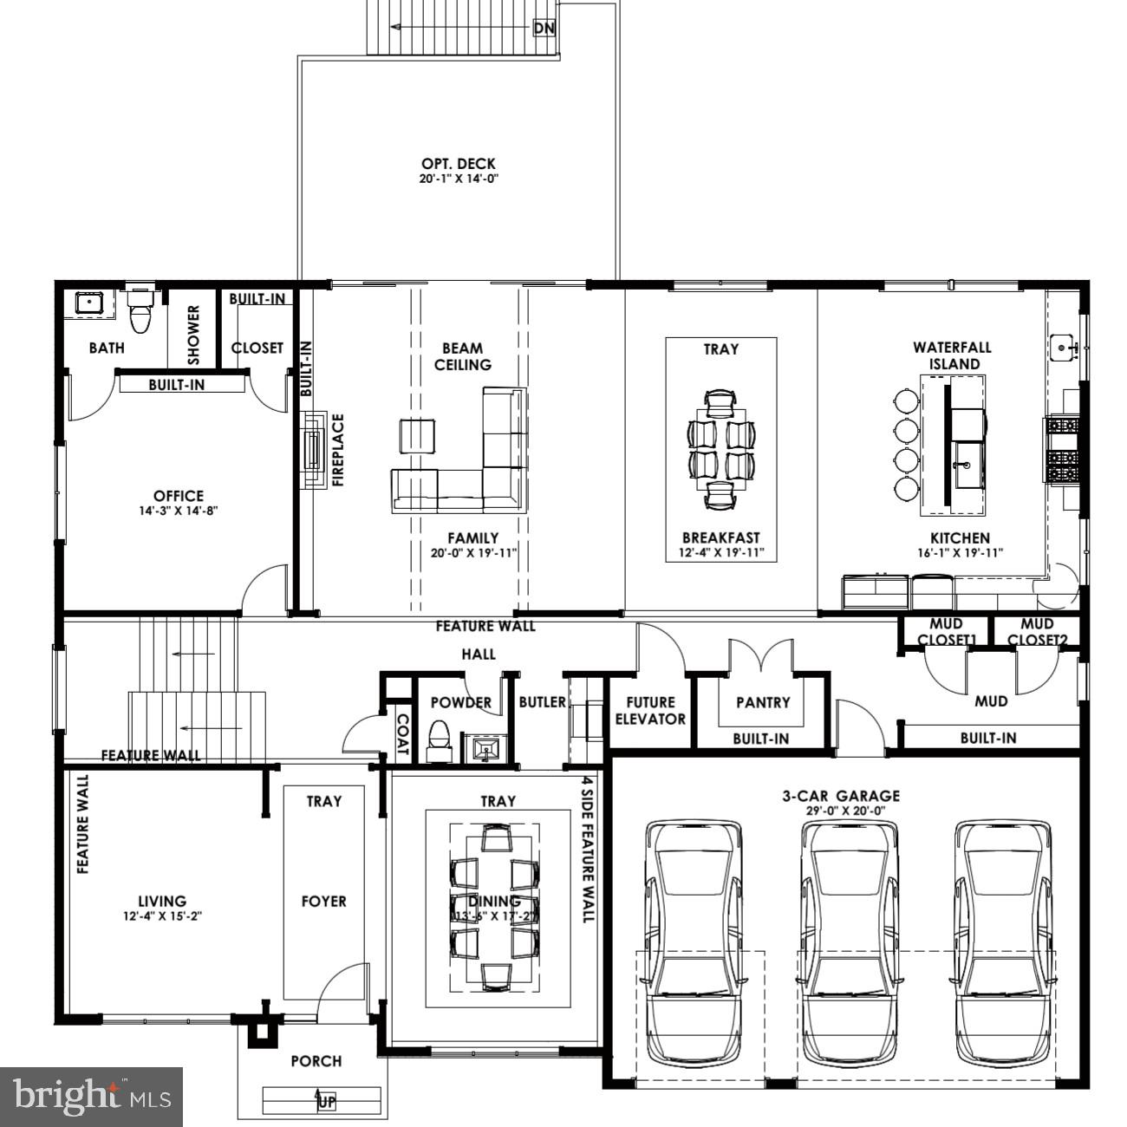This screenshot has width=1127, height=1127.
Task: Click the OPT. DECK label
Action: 459,164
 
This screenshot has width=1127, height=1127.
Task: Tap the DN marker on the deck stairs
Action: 544,28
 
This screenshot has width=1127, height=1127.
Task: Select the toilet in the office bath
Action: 139,313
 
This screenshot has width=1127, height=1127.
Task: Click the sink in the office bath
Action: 88,303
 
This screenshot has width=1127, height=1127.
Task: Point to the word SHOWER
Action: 193,335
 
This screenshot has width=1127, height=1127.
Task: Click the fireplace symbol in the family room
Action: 313,449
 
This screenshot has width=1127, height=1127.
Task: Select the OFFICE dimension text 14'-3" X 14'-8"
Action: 179,511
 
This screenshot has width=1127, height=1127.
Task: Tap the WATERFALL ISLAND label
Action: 952,355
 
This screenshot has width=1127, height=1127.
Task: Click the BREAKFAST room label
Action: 720,537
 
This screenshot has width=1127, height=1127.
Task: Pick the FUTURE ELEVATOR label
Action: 650,710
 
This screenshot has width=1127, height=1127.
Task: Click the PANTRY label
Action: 763,702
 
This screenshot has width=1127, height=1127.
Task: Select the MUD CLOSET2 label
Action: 1037,632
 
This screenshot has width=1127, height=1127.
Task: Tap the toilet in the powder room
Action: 440,739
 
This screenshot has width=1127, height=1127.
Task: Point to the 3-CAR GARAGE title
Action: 841,795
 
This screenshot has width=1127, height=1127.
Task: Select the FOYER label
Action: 323,902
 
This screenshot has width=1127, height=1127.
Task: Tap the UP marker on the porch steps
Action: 326,1102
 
